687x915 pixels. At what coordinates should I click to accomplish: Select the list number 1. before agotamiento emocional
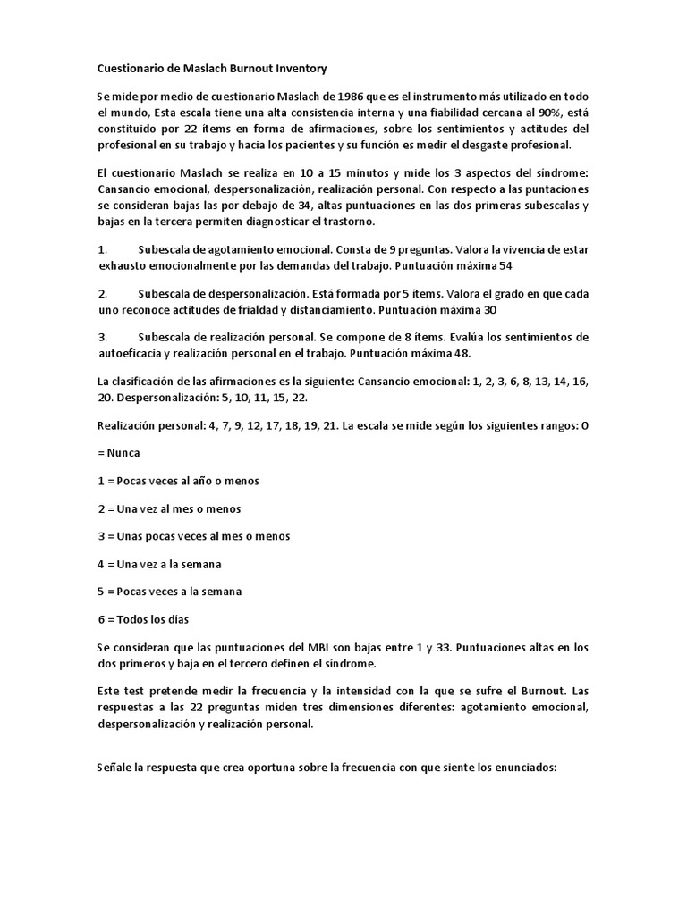[102, 249]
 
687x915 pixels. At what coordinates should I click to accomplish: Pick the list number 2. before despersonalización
[102, 293]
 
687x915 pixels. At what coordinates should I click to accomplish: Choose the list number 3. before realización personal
[102, 337]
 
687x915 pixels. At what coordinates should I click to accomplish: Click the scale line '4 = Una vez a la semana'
[158, 564]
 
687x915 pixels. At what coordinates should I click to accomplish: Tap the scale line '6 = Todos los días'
[143, 619]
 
